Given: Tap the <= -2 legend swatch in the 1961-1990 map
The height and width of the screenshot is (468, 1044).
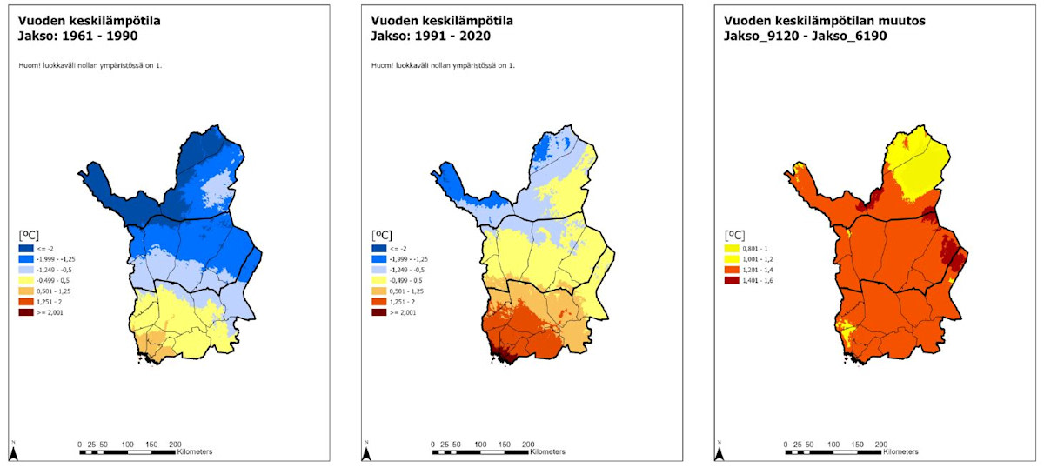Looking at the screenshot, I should (26, 249).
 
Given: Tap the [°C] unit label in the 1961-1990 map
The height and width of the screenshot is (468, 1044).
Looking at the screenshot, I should (30, 235).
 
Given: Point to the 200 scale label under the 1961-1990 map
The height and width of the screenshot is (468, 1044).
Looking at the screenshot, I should (175, 443).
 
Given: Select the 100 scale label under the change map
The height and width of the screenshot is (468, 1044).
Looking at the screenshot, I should (833, 443).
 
